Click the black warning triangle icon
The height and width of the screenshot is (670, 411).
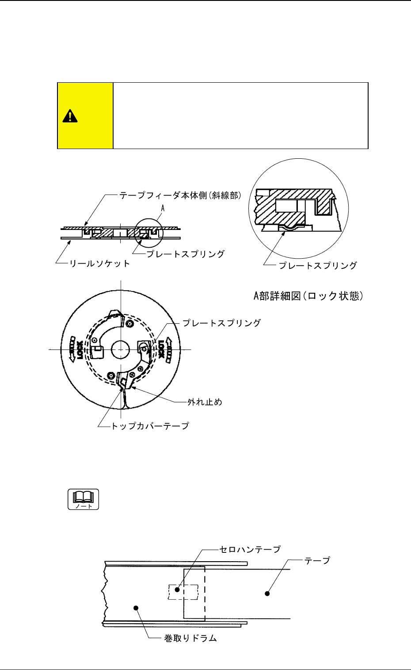coord(70,116)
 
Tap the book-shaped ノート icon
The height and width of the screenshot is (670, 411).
coord(83,499)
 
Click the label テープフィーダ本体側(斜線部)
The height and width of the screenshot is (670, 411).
coord(180,195)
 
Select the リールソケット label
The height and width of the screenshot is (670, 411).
coord(99,264)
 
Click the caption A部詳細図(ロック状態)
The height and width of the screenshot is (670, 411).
coord(308,296)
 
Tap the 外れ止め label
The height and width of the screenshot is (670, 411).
coord(205,402)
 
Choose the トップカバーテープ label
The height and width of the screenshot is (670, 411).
coord(150,426)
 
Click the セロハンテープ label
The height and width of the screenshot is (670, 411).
coord(250,549)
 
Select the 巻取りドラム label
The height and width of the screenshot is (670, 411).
coord(190,638)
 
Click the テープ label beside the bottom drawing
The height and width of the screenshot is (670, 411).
coord(317,560)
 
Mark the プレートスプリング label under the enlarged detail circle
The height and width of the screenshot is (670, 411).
coord(317,265)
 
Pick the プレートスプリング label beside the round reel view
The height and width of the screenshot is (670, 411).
coord(221,323)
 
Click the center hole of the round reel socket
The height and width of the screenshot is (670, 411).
coord(120,349)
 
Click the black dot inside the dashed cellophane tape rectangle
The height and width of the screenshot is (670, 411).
coord(177,590)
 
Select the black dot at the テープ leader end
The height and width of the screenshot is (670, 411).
coord(267,593)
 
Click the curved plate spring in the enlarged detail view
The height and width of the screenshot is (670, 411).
coord(287,227)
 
